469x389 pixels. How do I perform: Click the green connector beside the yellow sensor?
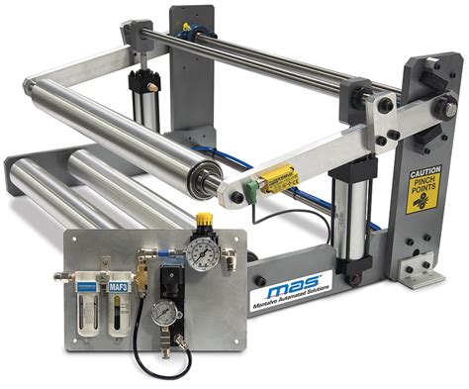tap(255, 185)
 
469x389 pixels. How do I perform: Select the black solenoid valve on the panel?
tap(172, 280)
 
